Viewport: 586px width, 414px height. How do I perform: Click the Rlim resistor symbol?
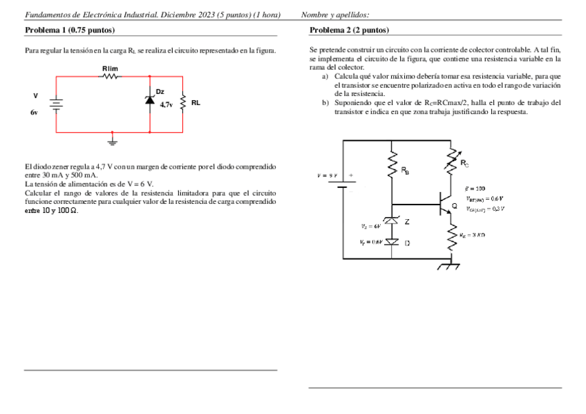coord(110,77)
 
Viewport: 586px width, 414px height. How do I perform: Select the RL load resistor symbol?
coord(182,103)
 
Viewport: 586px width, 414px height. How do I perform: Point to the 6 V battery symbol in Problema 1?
coord(56,103)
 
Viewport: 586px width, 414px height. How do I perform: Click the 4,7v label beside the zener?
coord(167,105)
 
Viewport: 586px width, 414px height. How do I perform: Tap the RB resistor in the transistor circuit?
coord(392,167)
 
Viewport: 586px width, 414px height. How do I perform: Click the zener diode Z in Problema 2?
coord(392,222)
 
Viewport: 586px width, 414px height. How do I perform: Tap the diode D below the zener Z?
coord(392,242)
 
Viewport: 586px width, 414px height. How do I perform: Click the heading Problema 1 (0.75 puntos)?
coord(70,30)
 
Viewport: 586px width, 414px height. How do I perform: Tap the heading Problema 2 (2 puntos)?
coord(350,30)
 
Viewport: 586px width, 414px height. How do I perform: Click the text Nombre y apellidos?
coord(335,15)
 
